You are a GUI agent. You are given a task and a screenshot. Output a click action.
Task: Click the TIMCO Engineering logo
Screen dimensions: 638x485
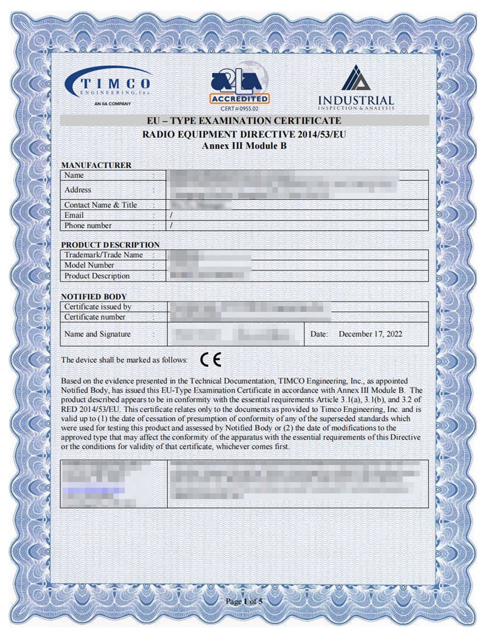point(108,87)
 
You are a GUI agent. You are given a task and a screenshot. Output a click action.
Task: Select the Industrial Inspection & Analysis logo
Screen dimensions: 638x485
point(356,88)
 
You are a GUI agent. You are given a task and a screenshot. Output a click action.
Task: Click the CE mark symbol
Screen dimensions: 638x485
point(211,360)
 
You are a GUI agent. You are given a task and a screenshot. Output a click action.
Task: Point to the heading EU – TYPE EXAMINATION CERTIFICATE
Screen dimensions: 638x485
point(244,121)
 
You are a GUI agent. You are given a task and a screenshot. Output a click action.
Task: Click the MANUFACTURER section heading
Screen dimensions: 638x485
point(96,165)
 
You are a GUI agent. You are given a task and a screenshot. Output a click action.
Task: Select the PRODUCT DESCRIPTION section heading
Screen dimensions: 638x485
point(110,244)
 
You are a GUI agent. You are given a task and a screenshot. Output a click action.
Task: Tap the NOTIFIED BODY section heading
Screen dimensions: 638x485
point(94,297)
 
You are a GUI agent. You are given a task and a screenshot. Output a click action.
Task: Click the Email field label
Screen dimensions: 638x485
point(74,215)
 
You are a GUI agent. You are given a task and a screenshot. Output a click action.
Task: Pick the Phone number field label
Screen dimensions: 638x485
point(88,225)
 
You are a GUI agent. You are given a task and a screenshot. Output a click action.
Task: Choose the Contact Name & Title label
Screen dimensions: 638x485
point(100,205)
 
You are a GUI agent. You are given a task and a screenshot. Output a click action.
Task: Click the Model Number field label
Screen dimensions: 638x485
point(89,265)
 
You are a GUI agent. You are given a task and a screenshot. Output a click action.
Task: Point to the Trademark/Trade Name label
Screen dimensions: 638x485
point(103,255)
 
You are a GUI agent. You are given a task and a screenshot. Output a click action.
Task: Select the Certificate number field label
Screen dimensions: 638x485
point(95,317)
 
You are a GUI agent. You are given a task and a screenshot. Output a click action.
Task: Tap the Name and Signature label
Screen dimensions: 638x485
point(97,334)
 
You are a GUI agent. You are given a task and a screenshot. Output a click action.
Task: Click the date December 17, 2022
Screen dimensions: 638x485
point(370,334)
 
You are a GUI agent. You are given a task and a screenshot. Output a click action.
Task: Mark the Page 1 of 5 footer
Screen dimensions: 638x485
point(244,601)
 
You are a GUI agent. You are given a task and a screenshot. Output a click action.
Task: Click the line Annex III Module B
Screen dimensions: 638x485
point(244,145)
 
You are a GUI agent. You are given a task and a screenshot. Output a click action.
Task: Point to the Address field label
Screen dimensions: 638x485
point(78,189)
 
